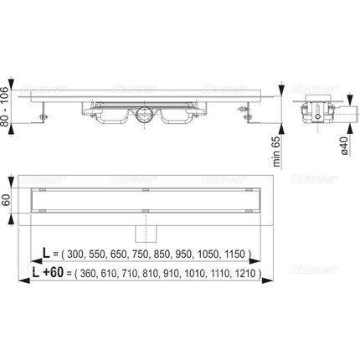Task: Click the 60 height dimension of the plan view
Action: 8,201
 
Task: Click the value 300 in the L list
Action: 76,253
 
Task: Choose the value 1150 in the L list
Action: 239,253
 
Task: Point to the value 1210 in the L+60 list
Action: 249,274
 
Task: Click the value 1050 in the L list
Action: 214,253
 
